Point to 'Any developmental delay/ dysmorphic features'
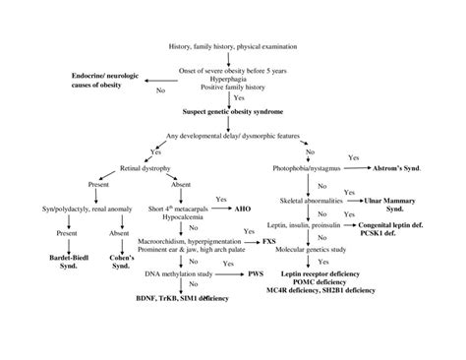click(232, 135)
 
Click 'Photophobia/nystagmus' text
click(309, 169)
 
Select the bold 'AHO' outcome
click(246, 210)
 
